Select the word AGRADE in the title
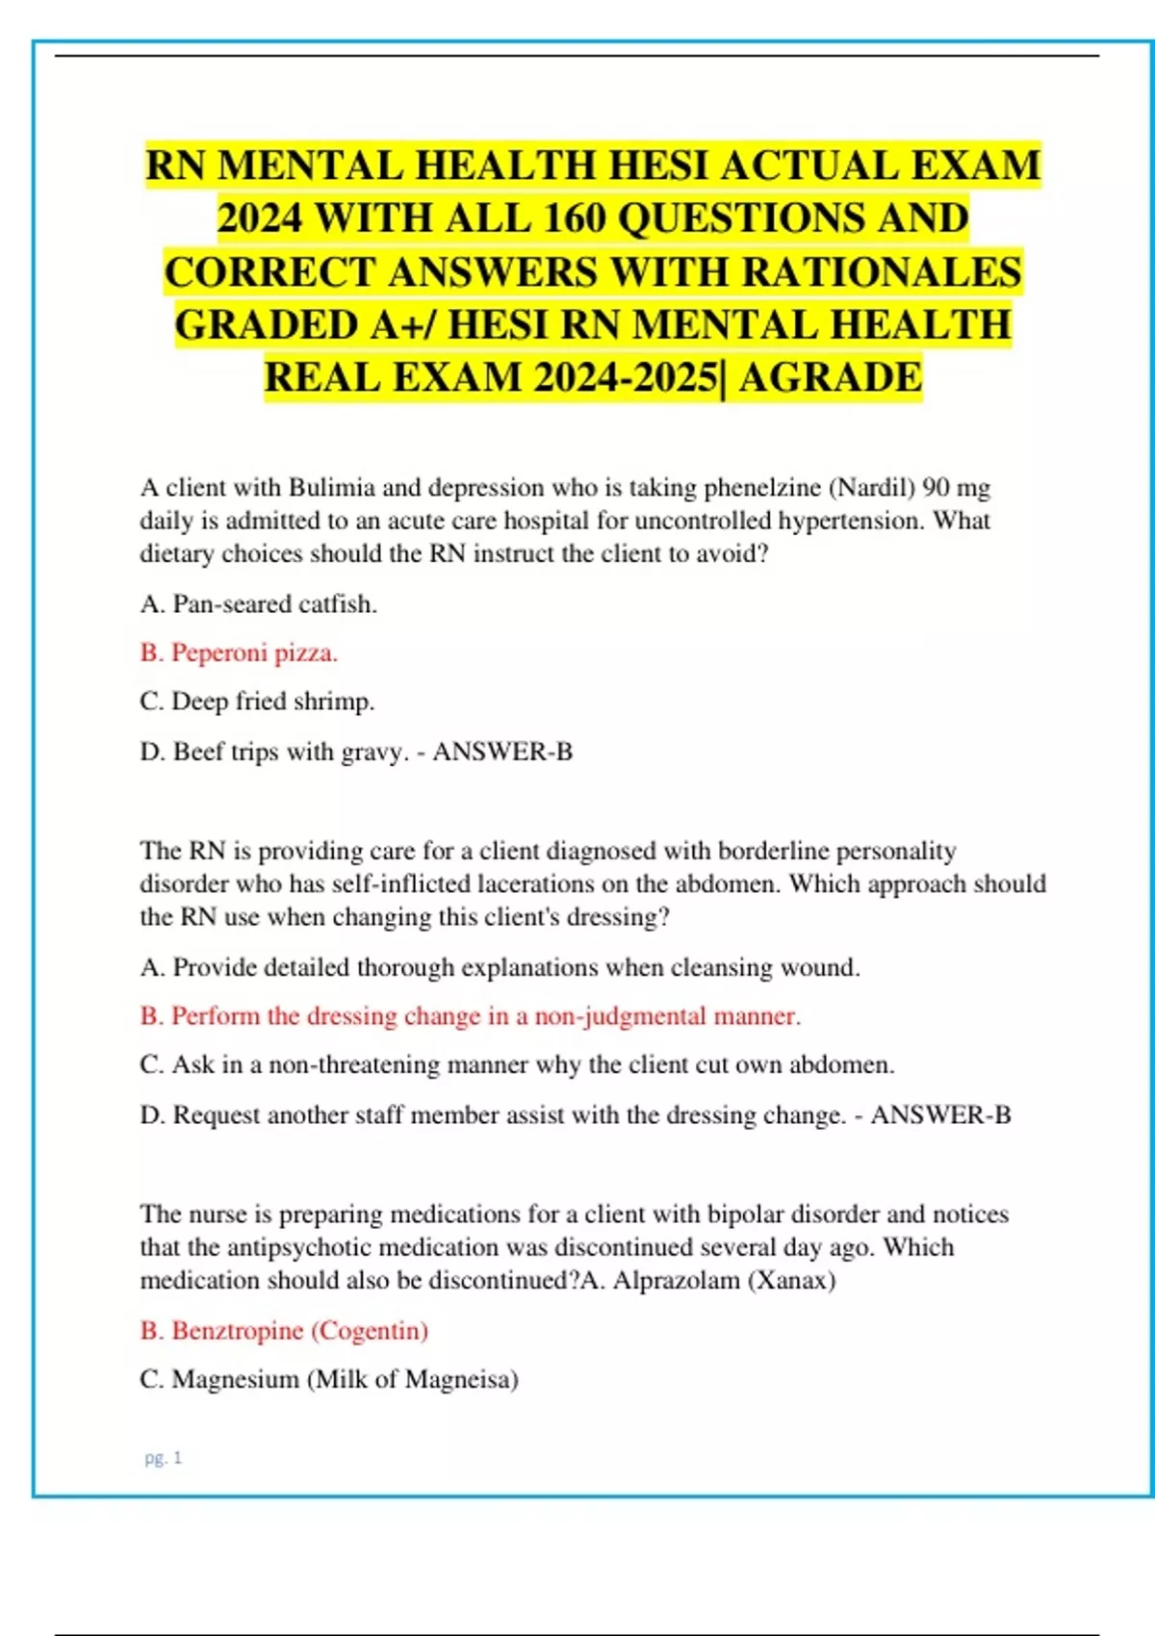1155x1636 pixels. click(830, 377)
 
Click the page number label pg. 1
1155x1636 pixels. click(163, 1458)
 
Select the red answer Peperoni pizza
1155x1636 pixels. click(239, 652)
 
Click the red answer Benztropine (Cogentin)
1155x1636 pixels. click(284, 1330)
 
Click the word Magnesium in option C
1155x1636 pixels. click(235, 1379)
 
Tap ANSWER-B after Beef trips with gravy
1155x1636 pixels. click(502, 752)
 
